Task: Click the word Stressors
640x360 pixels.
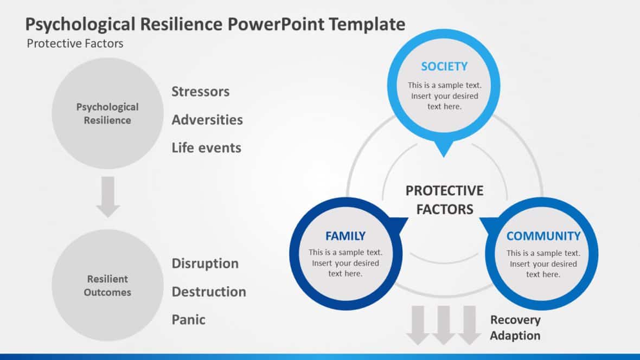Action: pos(201,92)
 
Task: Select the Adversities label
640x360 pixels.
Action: pos(207,120)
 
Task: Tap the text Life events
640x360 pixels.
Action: pos(206,147)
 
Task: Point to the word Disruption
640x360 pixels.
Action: pos(205,263)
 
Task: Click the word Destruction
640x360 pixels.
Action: pos(209,292)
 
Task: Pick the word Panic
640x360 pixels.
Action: pos(189,320)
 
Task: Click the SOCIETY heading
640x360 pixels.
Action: pos(444,67)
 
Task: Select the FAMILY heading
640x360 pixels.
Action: pos(345,236)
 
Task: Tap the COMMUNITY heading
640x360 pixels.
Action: pos(543,236)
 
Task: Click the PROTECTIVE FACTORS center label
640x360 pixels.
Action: pos(444,200)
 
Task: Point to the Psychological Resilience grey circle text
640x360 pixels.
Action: pos(107,114)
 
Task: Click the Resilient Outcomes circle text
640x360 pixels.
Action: pos(107,286)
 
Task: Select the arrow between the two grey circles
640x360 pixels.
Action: pos(108,196)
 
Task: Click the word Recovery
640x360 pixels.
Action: pos(515,320)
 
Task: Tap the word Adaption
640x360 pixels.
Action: pos(515,336)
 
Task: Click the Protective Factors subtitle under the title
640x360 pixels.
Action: pos(75,43)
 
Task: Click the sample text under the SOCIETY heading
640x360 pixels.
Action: pos(444,96)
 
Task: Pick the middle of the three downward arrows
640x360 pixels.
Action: pos(444,325)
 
